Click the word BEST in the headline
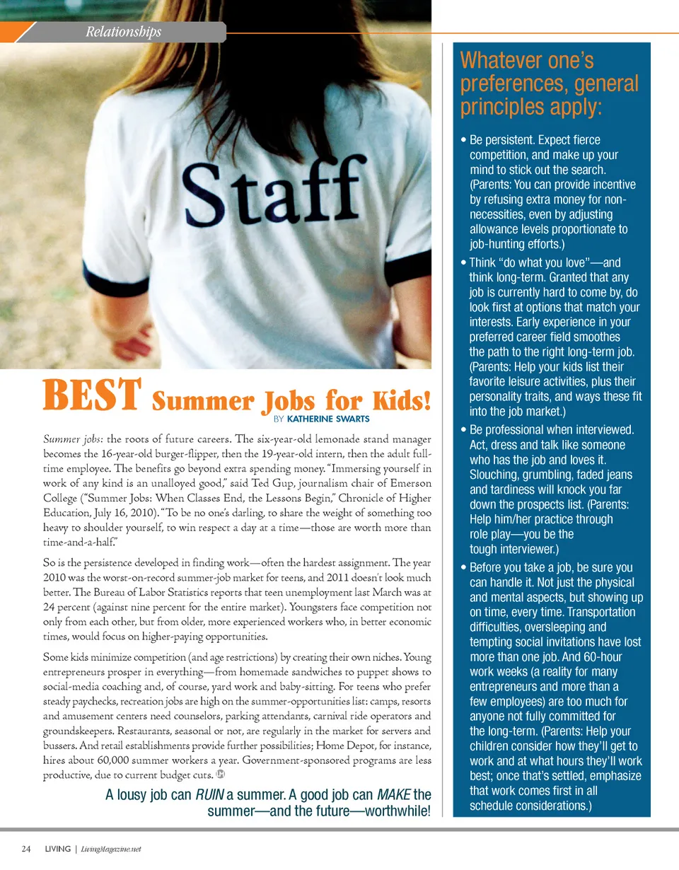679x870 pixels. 93,397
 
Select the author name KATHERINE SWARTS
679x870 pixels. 328,419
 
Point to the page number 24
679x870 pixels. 25,849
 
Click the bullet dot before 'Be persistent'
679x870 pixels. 463,140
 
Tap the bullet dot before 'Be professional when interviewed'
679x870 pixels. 463,430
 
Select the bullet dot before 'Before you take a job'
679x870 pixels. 463,568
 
